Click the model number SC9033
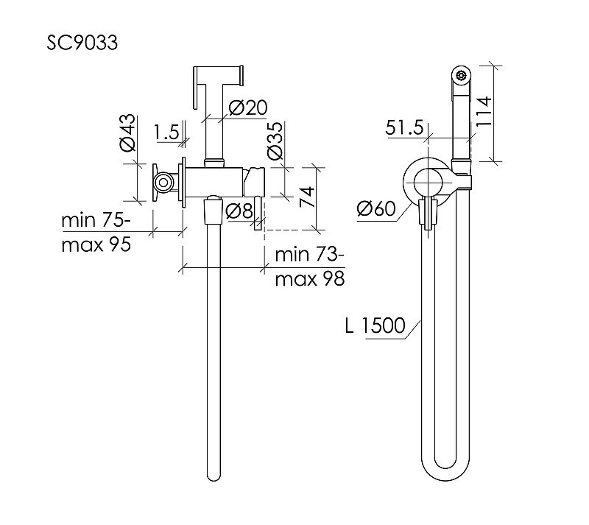(82, 43)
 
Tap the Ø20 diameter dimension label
(248, 108)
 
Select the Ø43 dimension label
(127, 133)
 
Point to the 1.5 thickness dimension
(166, 133)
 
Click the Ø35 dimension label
(275, 141)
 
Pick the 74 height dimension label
(307, 197)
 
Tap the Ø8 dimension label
(239, 211)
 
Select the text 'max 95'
(96, 244)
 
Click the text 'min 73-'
(309, 255)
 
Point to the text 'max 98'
(310, 279)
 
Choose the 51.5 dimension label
(404, 128)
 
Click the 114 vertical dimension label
(484, 112)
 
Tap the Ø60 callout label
(376, 208)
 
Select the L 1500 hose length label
(375, 325)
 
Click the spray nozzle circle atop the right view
(461, 76)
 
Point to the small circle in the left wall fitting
(163, 183)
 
